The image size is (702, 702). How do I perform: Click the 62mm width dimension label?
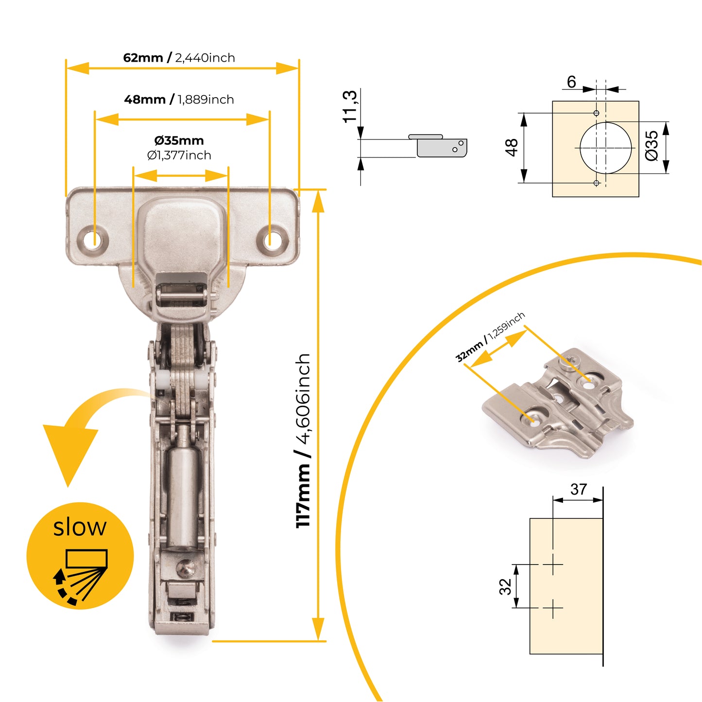179,58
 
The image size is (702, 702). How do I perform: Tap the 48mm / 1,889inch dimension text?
179,100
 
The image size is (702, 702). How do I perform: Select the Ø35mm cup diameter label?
179,141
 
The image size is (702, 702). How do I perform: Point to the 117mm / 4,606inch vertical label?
303,440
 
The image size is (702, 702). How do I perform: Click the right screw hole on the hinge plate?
273,240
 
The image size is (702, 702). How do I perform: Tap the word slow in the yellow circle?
80,527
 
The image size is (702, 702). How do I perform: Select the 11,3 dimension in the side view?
350,106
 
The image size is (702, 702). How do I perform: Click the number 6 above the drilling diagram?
571,82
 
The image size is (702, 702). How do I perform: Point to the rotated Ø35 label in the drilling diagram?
652,146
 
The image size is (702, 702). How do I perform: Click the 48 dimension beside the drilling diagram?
512,147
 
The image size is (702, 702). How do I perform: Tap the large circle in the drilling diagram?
605,147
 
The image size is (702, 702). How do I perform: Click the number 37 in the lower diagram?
579,489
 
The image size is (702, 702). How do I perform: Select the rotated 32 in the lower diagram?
505,586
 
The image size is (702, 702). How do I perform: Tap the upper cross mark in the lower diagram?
552,565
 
